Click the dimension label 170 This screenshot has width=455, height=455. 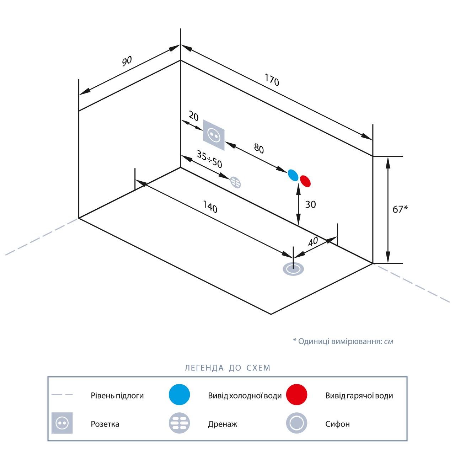272,80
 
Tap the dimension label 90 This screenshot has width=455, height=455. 127,61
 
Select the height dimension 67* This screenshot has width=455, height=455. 400,209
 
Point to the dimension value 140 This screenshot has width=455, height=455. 210,207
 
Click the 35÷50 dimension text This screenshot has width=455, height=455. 209,159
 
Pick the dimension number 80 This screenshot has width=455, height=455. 259,149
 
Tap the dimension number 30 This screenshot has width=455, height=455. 310,204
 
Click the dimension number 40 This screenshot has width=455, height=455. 313,241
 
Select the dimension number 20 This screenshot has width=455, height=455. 194,116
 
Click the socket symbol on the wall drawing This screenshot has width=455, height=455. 214,135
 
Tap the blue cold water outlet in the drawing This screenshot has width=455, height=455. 293,175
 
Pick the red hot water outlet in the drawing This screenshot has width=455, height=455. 305,181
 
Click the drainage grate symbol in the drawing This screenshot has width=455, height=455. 235,182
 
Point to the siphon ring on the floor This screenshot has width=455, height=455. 293,269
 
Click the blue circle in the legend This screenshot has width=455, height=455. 180,395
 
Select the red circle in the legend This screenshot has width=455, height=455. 296,395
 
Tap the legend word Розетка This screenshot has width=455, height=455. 105,424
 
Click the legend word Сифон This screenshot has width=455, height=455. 337,424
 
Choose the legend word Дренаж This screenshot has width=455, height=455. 223,424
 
